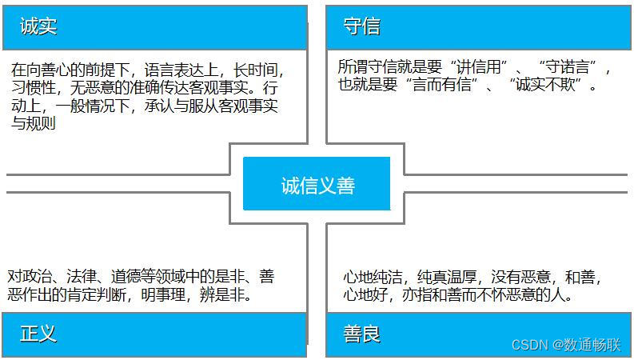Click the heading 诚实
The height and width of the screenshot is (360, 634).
[x=38, y=27]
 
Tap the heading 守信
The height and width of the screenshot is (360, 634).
[x=361, y=27]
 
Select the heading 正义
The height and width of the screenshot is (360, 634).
[x=38, y=334]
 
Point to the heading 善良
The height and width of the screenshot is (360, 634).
[x=362, y=334]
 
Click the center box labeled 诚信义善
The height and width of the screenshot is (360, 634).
[x=317, y=186]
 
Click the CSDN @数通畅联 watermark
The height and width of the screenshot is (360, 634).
[x=565, y=345]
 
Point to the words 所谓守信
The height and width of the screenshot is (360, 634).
[x=365, y=67]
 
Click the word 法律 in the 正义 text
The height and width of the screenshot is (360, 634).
[x=82, y=277]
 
